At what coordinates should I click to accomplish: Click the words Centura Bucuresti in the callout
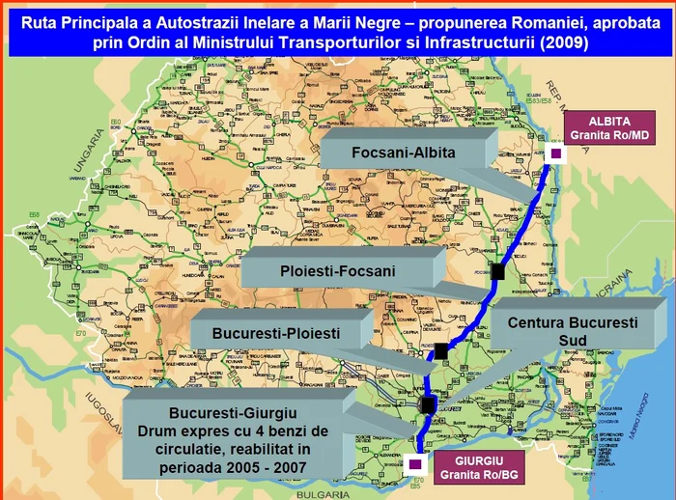[x=572, y=323]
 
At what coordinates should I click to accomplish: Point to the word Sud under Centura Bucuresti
[x=572, y=342]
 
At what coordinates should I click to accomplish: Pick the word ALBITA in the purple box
[x=611, y=122]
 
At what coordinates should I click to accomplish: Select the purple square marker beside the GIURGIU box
[x=415, y=465]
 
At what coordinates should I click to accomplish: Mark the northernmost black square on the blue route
[x=497, y=271]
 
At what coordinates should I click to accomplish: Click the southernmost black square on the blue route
[x=429, y=404]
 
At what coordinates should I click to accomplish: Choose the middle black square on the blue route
[x=440, y=352]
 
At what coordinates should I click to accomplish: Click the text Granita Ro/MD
[x=611, y=136]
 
